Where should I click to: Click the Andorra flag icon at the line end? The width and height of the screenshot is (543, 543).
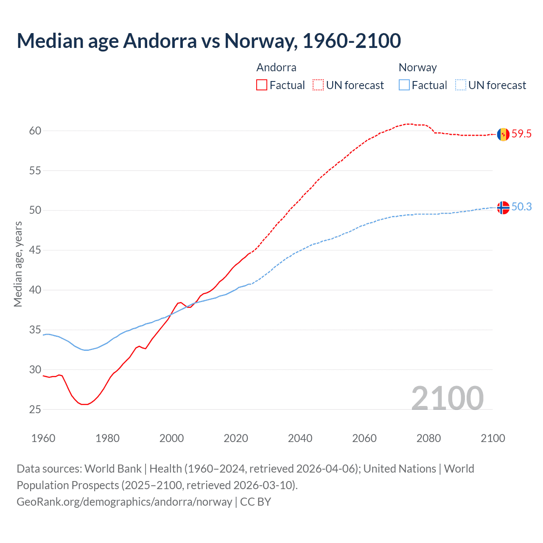(x=503, y=134)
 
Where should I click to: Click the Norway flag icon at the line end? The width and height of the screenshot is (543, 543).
(x=503, y=207)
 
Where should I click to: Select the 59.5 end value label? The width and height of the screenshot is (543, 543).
(x=521, y=134)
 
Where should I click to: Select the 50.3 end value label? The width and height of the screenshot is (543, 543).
(x=521, y=207)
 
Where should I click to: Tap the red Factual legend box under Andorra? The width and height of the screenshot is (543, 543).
(x=262, y=85)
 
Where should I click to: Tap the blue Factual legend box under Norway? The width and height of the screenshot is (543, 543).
(x=404, y=85)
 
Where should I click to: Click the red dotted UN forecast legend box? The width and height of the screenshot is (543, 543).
(x=318, y=85)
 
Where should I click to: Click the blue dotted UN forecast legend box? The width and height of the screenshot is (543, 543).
(x=461, y=85)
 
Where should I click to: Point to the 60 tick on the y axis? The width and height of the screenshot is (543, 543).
(x=35, y=131)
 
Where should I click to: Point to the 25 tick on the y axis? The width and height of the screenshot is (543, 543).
(x=35, y=409)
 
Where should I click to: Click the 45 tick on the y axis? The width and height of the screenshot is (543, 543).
(x=35, y=250)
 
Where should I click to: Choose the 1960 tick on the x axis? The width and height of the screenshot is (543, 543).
(x=43, y=438)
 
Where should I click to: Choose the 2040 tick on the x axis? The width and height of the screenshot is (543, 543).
(x=300, y=438)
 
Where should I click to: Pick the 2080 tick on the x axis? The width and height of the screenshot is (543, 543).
(x=428, y=438)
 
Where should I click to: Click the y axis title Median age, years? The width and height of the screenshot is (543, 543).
(x=18, y=264)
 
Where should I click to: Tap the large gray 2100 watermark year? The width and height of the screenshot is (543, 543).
(x=447, y=398)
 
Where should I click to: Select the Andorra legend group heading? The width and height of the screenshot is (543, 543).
(x=276, y=67)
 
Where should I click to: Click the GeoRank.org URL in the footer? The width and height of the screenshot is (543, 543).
(x=124, y=502)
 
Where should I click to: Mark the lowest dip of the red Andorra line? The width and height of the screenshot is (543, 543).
(x=84, y=404)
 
